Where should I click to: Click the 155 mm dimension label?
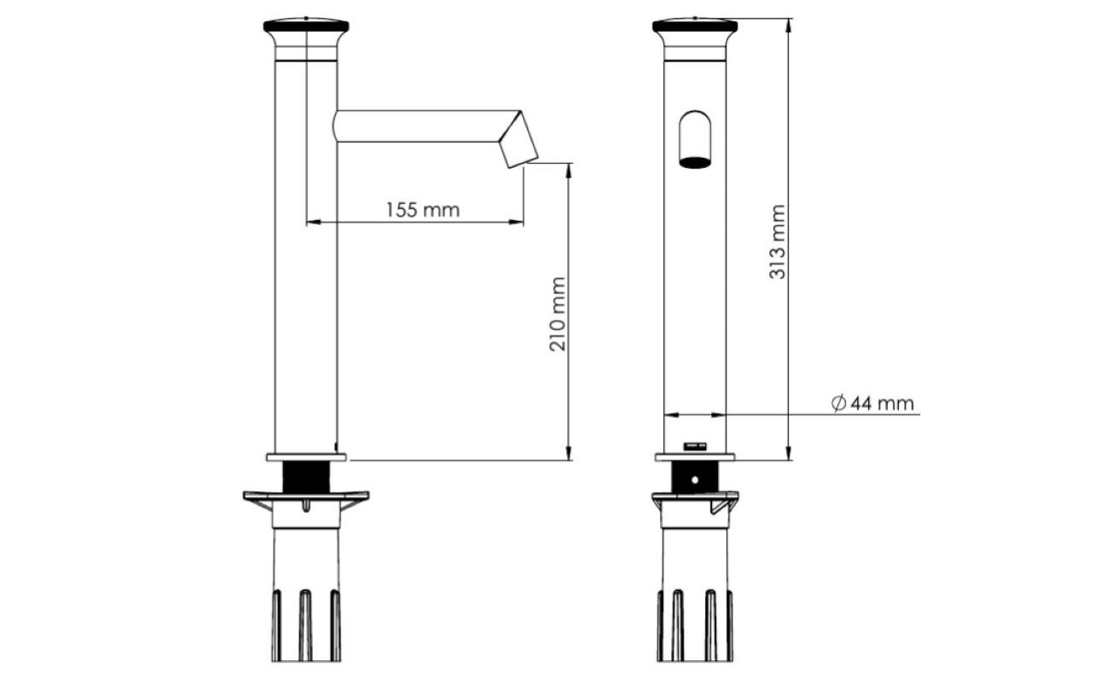tap(423, 210)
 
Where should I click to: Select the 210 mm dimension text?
tap(558, 315)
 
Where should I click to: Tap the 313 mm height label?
tap(778, 242)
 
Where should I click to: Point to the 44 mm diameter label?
tap(883, 403)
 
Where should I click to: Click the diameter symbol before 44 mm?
tap(839, 403)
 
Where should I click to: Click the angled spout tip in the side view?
tap(519, 139)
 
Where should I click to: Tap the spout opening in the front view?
tap(695, 163)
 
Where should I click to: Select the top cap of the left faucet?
tap(306, 26)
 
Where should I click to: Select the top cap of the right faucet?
tap(695, 26)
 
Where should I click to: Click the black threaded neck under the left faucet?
tap(306, 477)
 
